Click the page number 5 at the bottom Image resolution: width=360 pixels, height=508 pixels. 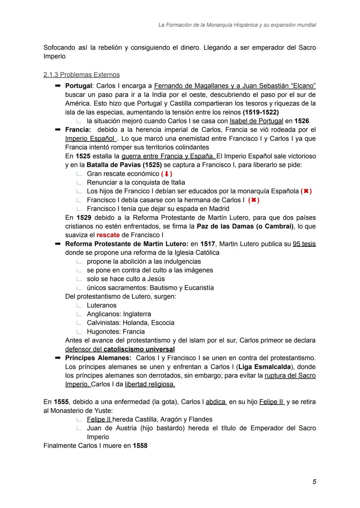coord(314,482)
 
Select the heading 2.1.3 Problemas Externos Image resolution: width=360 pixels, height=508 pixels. coord(81,75)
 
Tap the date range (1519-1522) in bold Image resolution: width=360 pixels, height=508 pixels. coord(261,112)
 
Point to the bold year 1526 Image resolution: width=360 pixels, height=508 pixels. coord(302,121)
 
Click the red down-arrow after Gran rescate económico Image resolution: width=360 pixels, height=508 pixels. coord(166,174)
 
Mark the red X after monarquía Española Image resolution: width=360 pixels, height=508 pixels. coord(306,191)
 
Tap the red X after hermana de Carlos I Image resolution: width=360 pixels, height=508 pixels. coord(254,200)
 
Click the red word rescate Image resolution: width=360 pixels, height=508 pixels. coord(108,235)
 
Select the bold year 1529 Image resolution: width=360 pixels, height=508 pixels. coord(84,218)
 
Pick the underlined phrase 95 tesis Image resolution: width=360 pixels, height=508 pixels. coord(304,244)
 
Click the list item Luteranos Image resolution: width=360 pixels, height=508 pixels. coord(101,305)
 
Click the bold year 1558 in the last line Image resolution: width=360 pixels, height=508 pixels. coord(140,446)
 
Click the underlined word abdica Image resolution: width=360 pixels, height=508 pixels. coord(216,402)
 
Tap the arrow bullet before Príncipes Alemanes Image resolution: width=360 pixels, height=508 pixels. coord(58,358)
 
